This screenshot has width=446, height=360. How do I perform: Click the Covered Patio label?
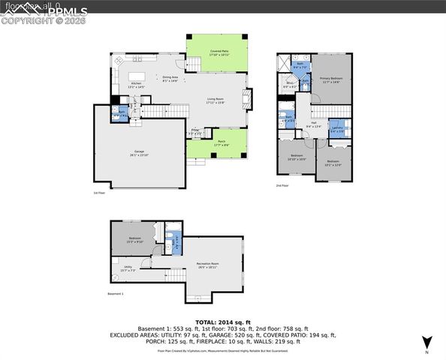pos(220,52)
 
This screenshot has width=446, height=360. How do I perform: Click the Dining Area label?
pos(170,79)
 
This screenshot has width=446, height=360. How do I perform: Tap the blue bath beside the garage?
pos(122,114)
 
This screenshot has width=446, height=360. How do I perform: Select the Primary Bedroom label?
pos(330,79)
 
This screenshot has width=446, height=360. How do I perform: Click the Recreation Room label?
pos(209,265)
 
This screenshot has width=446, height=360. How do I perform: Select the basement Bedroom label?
pos(134,239)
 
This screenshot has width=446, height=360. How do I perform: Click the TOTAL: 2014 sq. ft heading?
pos(222,320)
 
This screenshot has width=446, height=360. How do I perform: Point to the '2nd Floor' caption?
pos(283,185)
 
